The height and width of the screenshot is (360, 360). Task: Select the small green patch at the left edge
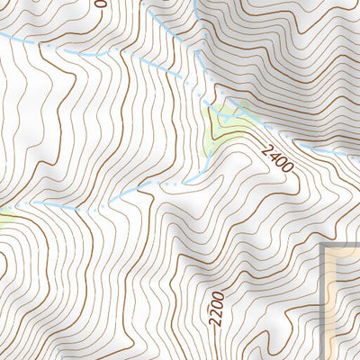(x=4, y=215)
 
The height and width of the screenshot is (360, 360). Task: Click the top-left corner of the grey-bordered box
(x=324, y=243)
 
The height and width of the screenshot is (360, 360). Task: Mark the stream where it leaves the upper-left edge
(x=3, y=34)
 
